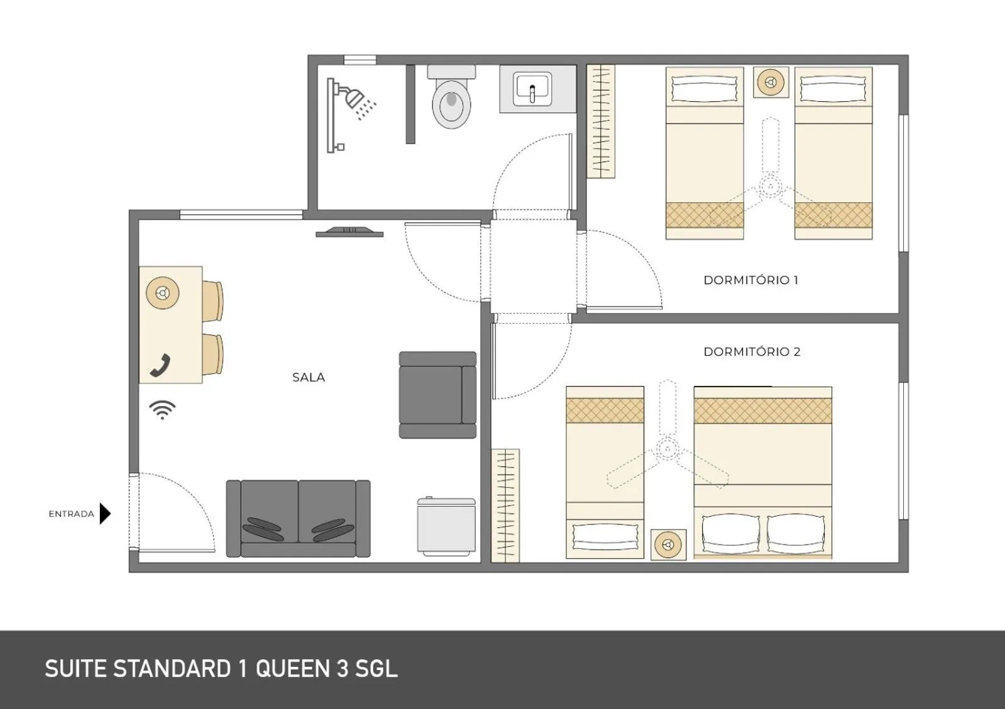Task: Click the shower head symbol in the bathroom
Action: point(355,99)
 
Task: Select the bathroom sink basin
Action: point(532,89)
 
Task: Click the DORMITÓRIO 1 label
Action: point(750,280)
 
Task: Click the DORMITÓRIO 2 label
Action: point(752,352)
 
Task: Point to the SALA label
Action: point(309,378)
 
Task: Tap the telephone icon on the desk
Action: point(161,366)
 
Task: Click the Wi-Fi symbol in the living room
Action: point(162,410)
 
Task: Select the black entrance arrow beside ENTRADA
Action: point(105,514)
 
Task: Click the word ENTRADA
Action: point(71,514)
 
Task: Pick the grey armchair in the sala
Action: point(437,395)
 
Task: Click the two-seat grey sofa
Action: point(298,519)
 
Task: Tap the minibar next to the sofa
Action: point(446,527)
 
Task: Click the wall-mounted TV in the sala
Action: point(349,233)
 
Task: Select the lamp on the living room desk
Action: point(163,293)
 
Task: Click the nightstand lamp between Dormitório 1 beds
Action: point(771,82)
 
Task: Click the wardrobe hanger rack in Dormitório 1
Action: point(601,121)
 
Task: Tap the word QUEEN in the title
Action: point(292,669)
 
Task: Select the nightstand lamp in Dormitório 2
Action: point(667,544)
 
